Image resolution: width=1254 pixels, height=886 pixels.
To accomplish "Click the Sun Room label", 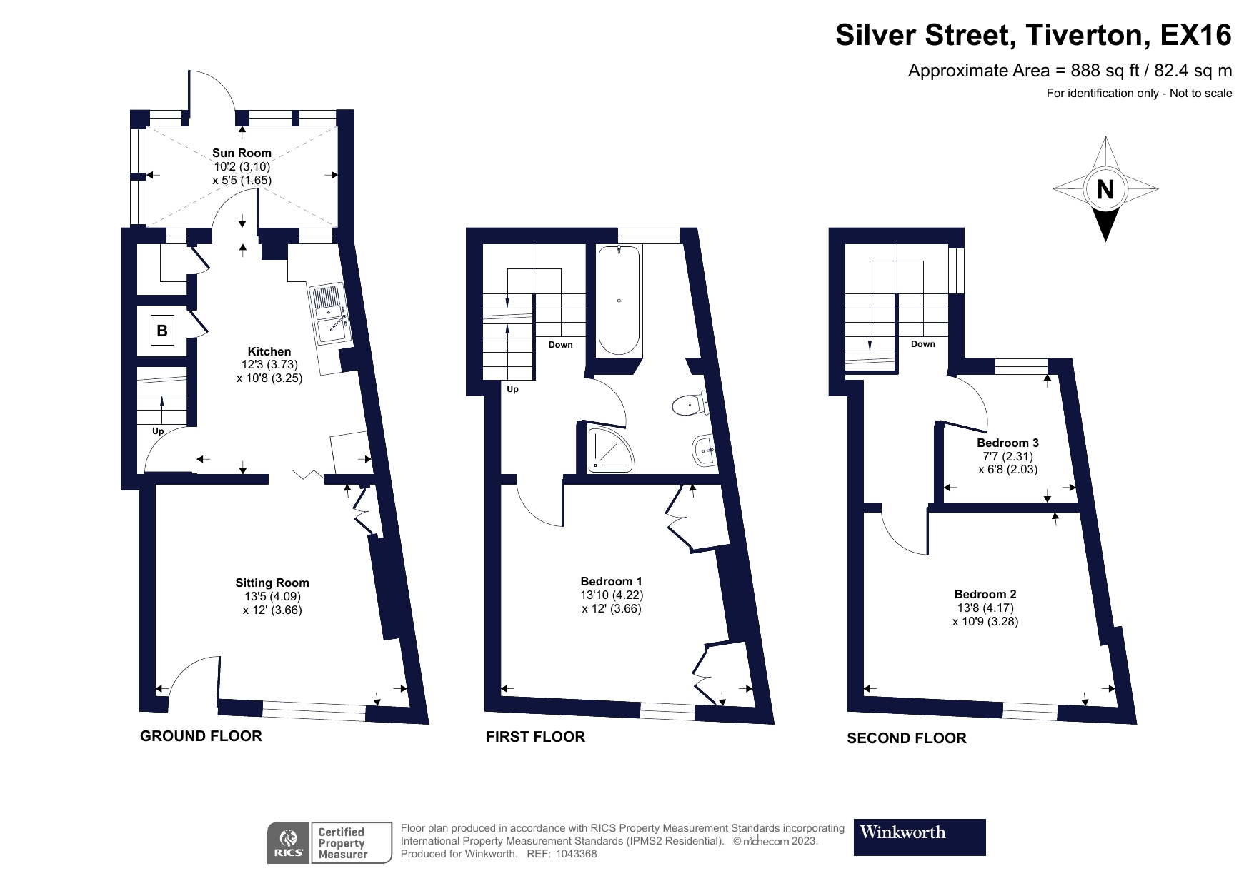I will click(242, 153).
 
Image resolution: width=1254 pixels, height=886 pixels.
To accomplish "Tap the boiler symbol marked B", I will click(162, 331).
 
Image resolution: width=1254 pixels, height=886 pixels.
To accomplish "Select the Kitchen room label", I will click(269, 351).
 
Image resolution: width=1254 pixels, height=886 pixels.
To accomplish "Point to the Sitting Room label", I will click(272, 583).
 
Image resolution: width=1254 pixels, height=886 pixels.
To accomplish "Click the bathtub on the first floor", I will click(619, 300).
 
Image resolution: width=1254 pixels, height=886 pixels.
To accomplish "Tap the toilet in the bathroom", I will click(687, 406).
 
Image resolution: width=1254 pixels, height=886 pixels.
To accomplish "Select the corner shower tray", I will click(609, 449).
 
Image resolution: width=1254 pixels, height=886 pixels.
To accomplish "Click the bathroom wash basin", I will click(704, 450).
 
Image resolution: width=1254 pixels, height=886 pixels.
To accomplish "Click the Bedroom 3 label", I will click(1007, 443).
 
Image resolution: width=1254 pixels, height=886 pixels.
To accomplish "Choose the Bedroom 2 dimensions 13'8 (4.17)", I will click(985, 608).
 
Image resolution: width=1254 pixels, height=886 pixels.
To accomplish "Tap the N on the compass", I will click(1105, 190).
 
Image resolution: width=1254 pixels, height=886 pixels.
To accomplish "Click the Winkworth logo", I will click(919, 837).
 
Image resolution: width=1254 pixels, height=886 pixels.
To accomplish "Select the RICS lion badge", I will click(289, 843).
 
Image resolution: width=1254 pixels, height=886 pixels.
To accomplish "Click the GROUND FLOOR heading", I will click(201, 736).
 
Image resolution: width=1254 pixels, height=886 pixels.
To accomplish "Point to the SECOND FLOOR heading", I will click(906, 738).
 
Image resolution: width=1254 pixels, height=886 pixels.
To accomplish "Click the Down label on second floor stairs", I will click(922, 344).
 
